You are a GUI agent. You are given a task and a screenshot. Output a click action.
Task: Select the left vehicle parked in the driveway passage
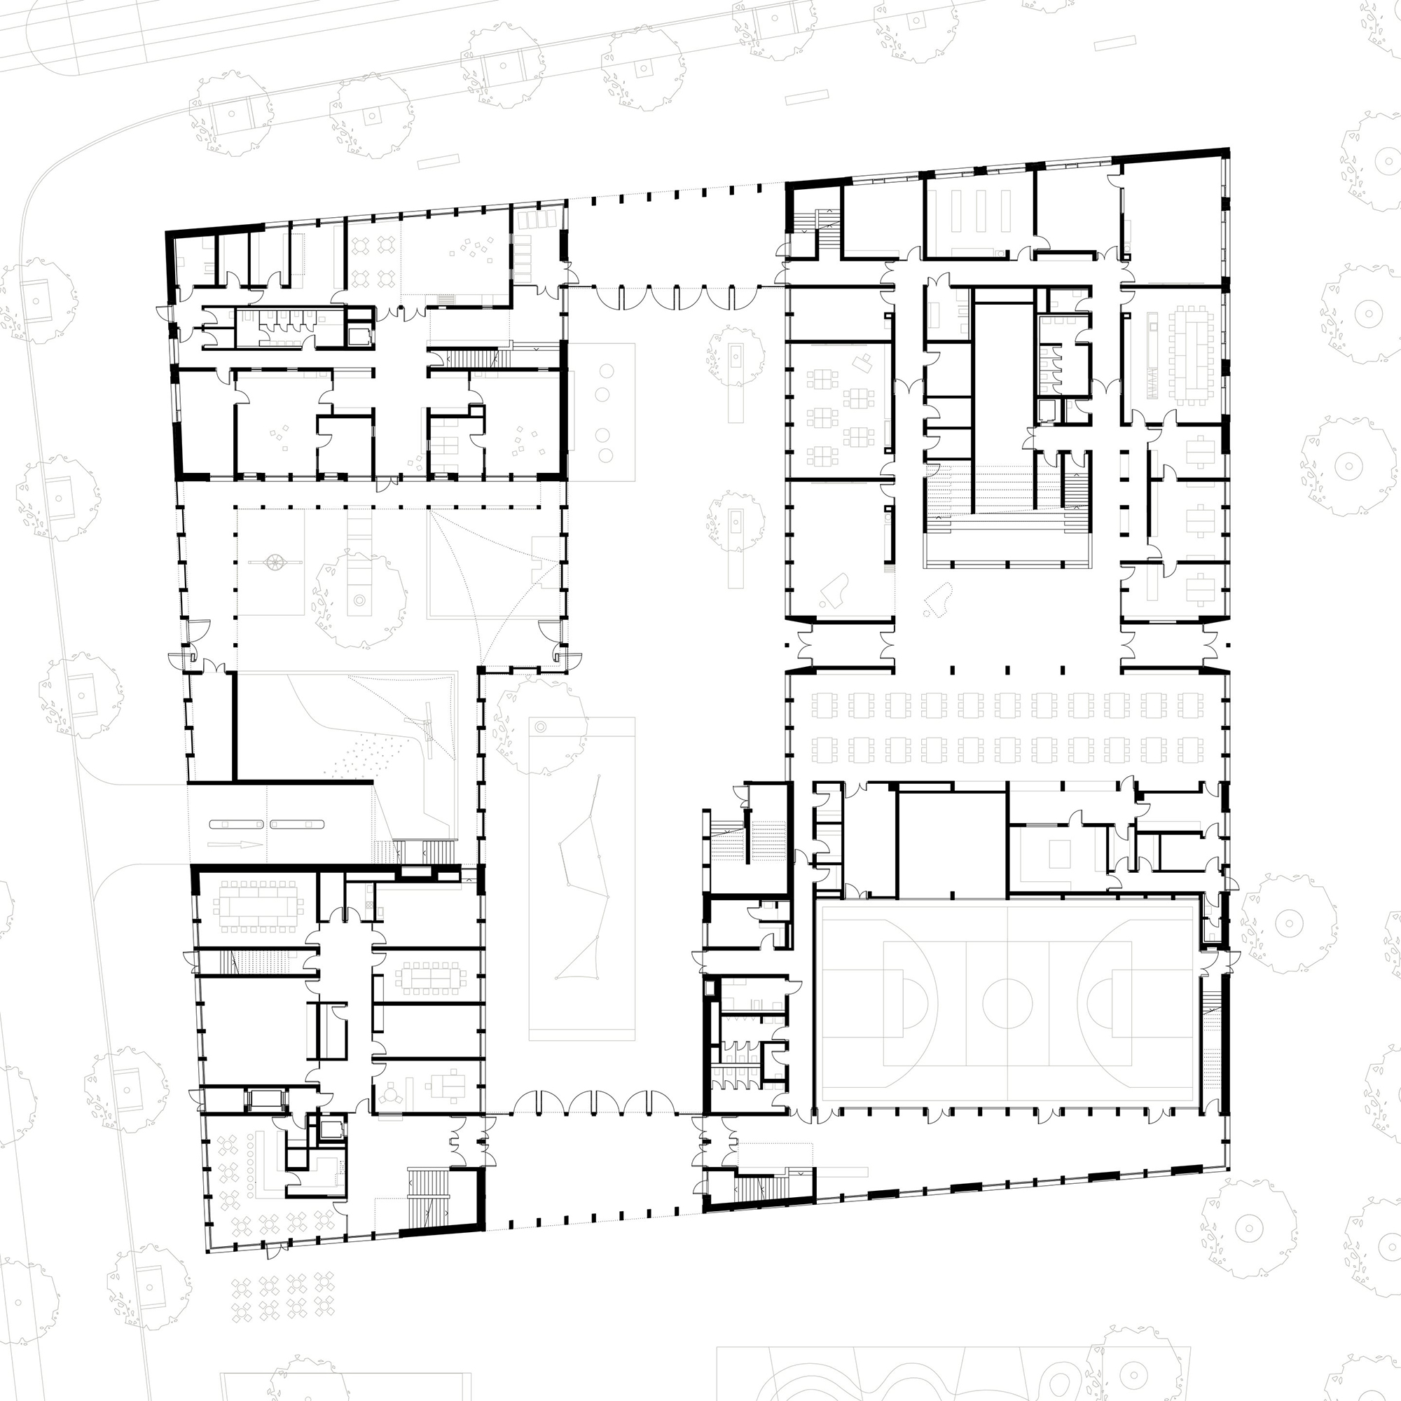(236, 824)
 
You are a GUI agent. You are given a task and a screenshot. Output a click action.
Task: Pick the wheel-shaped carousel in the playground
(275, 561)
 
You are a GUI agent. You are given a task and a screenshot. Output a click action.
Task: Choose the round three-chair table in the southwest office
(392, 1096)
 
